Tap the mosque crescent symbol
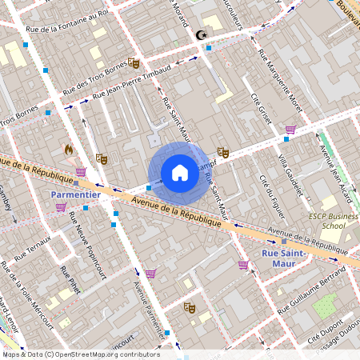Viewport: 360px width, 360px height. pos(200,35)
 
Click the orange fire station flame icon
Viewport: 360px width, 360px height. pos(69,149)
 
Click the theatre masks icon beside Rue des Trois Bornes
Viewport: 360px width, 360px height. pos(134,62)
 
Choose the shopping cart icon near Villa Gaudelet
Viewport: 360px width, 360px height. pos(290,129)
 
